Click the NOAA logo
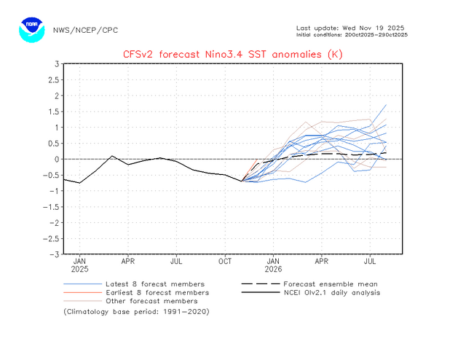(x=31, y=30)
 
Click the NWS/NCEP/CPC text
(x=85, y=31)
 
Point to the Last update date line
(x=352, y=28)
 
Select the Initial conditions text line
(x=352, y=35)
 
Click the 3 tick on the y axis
(x=55, y=64)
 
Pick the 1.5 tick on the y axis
(x=53, y=111)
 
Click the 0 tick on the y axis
(x=55, y=159)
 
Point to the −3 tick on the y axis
(x=53, y=255)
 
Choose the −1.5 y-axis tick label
(x=50, y=207)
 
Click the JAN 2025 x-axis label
(x=80, y=264)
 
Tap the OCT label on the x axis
(x=225, y=260)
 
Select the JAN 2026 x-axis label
(x=273, y=264)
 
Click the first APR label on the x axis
(x=128, y=260)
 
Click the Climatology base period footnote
(x=137, y=311)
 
